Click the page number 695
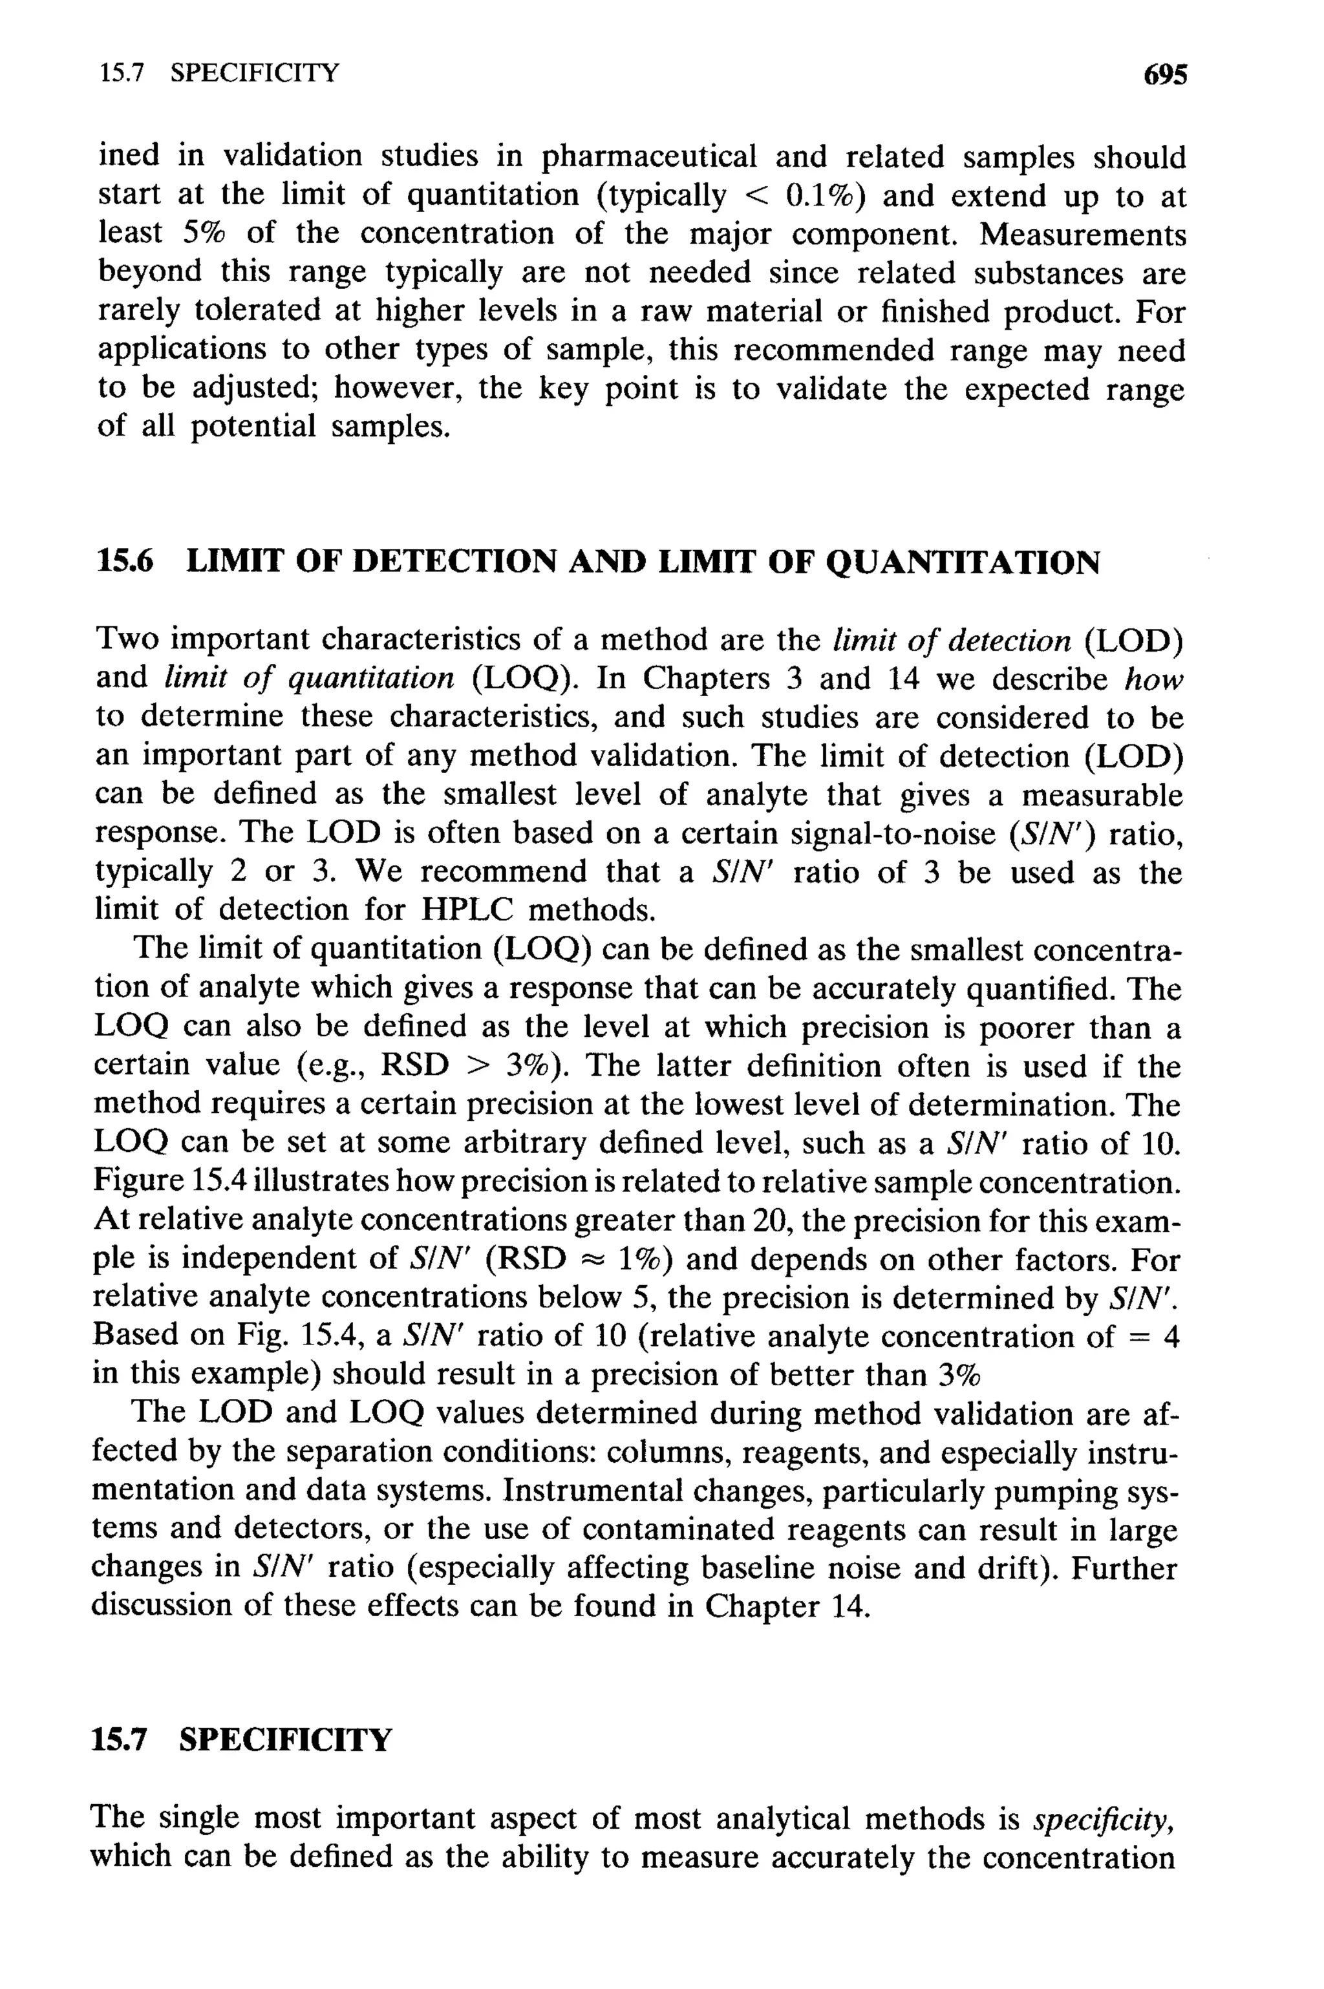click(x=1165, y=74)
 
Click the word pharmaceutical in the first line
click(x=648, y=156)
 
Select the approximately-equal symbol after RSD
click(x=591, y=1260)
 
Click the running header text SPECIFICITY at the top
click(x=253, y=74)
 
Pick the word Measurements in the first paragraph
click(x=1082, y=234)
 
